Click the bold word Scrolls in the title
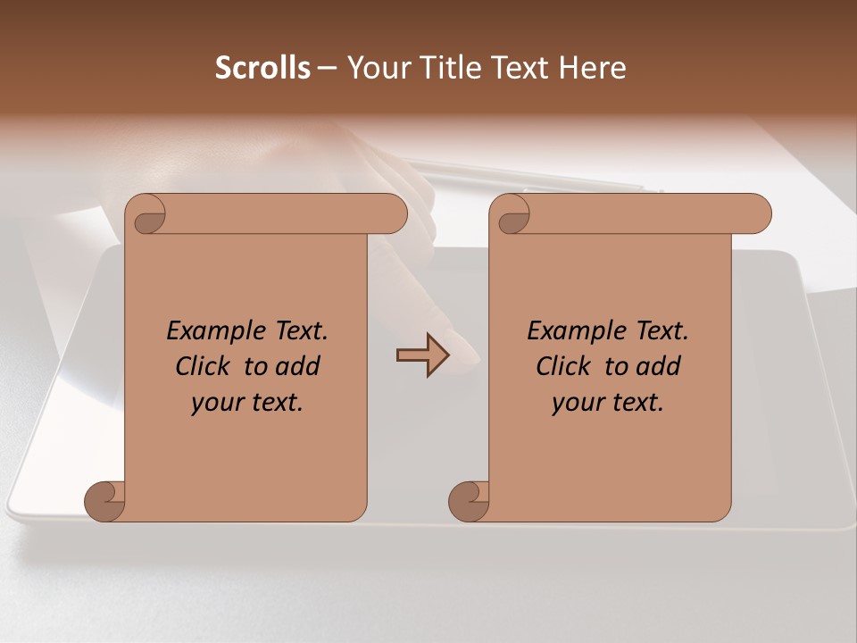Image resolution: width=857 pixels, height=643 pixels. (262, 68)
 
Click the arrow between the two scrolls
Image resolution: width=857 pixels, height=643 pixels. (422, 355)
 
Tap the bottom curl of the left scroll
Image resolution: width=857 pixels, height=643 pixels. (104, 501)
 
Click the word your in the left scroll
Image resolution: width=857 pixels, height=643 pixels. (214, 404)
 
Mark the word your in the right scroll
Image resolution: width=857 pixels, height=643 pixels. (575, 404)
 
